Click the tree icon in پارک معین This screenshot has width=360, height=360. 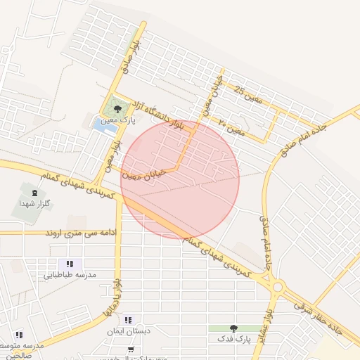coord(117,109)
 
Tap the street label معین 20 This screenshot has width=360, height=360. coord(231,127)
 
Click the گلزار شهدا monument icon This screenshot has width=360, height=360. coord(34,191)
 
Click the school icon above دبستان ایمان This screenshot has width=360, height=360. coord(127,320)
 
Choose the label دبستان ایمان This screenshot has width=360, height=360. coord(126,331)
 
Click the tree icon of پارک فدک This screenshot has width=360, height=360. coord(234,328)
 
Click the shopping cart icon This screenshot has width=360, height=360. coord(131,349)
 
